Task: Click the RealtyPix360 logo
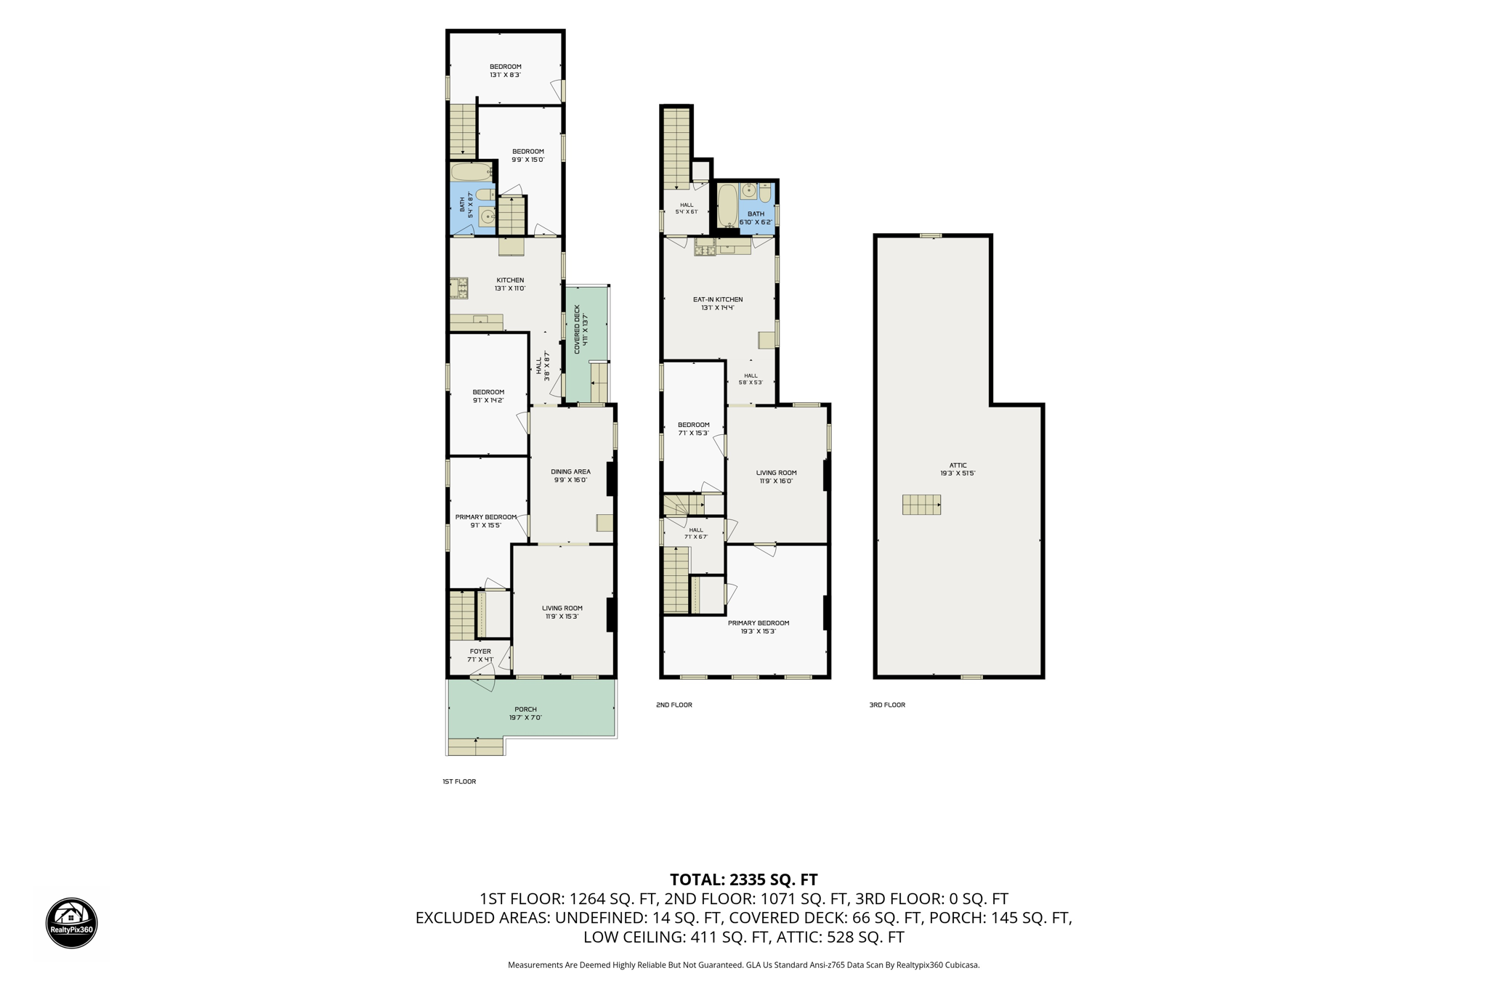(x=72, y=923)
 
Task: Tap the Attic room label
(x=958, y=469)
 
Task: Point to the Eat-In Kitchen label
(x=718, y=303)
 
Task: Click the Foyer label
(x=480, y=655)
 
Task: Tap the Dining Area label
(x=570, y=476)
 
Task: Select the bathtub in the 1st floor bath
(x=472, y=172)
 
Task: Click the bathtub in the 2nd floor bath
(x=727, y=206)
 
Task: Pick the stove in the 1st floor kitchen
(x=458, y=288)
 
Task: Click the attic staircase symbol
(x=921, y=505)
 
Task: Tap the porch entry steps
(x=476, y=747)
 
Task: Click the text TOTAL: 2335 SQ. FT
(x=743, y=879)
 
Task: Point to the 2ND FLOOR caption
(x=674, y=704)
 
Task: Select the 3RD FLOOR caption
(x=887, y=704)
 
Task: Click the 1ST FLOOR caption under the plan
(x=459, y=781)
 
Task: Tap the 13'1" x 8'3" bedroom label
(x=505, y=70)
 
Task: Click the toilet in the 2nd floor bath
(x=765, y=193)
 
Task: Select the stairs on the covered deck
(x=599, y=382)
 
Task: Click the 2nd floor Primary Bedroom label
(x=759, y=627)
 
